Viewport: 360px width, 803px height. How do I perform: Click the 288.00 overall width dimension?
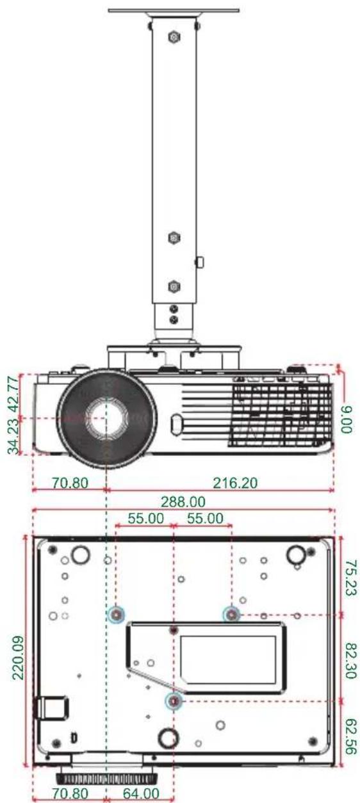pos(183,501)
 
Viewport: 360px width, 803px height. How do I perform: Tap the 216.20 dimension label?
pos(235,483)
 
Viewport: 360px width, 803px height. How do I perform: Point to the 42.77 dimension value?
pos(13,394)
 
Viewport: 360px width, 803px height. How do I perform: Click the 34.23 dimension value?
pos(13,437)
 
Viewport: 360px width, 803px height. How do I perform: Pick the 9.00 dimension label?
pos(347,419)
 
